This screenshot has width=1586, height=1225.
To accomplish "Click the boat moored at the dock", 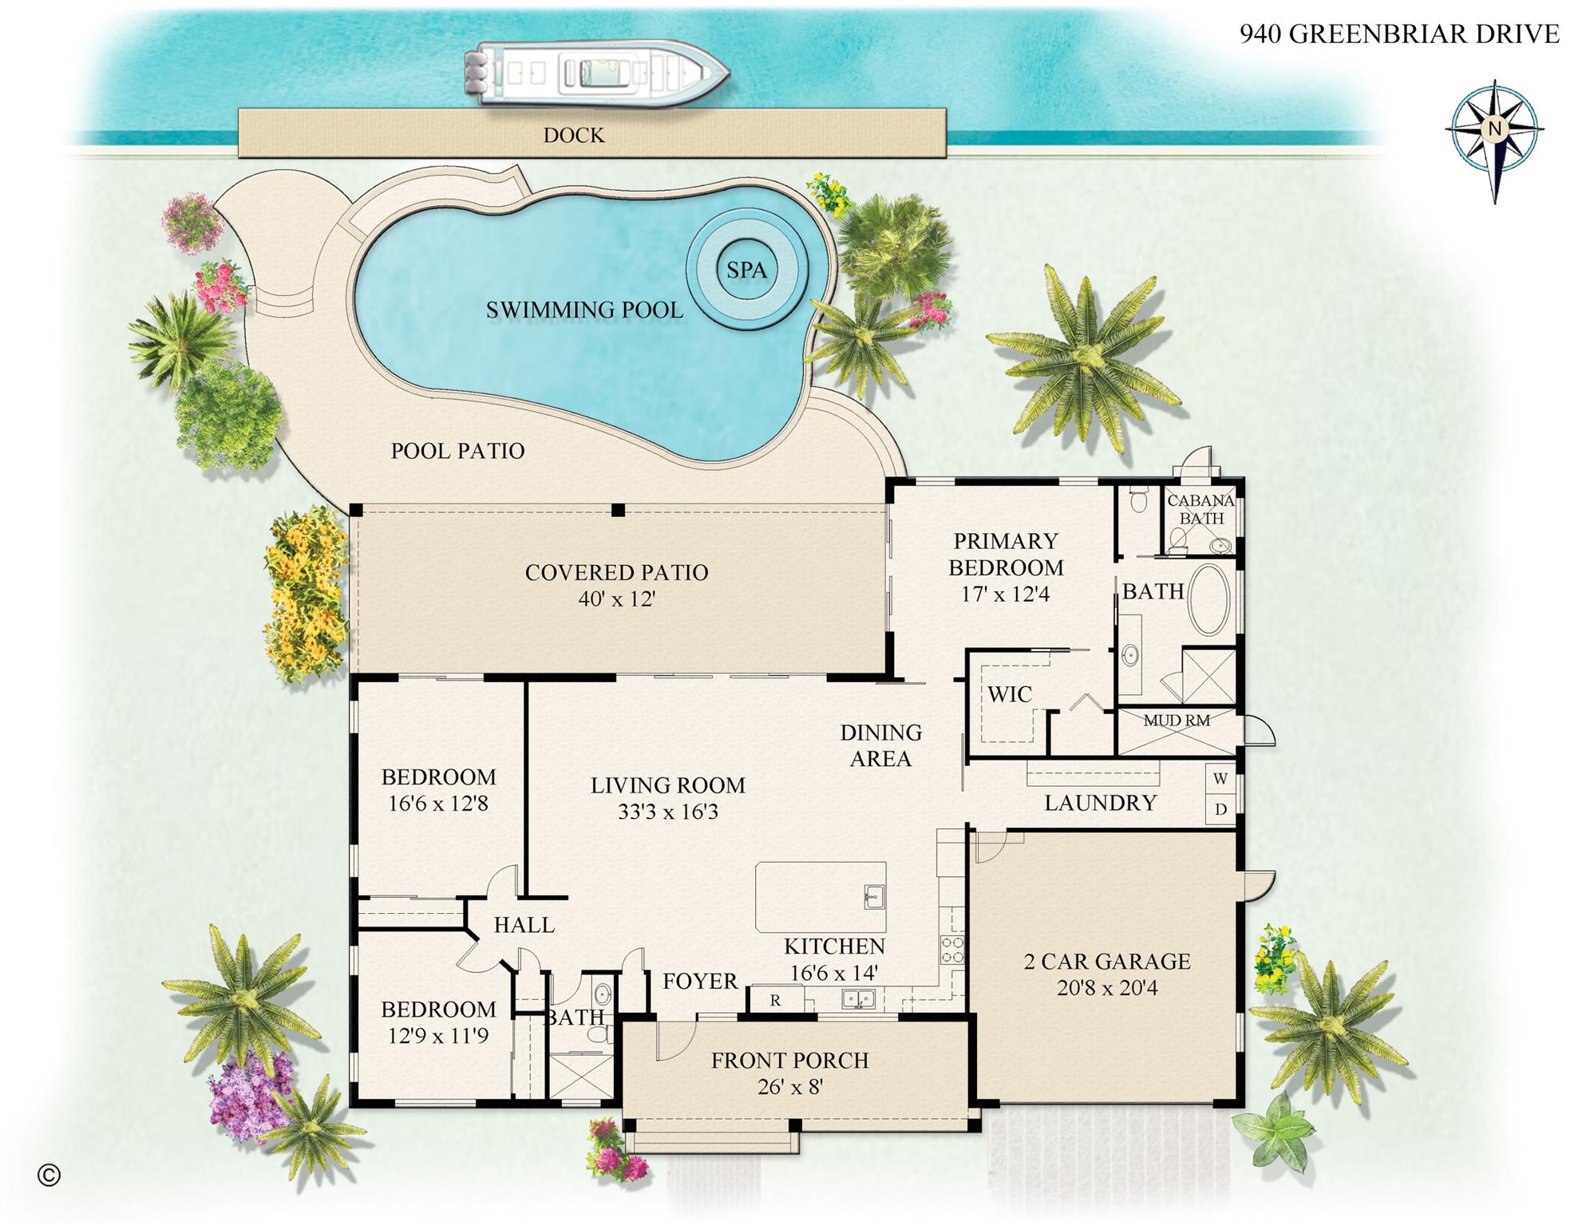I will coord(597,73).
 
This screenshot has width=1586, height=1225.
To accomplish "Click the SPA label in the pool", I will coord(746,270).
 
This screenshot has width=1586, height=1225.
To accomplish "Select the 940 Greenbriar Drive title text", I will coord(1399,34).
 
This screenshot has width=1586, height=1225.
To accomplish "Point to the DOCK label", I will coord(574,135).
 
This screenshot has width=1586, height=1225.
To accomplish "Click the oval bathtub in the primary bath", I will coord(1209,600).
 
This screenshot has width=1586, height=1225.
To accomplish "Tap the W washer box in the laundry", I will coord(1220,779).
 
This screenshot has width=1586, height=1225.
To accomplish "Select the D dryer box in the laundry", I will coord(1220,809).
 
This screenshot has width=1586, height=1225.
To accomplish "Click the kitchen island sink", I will coord(873,897).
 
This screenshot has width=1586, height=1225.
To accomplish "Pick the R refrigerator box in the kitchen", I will coord(775,1000).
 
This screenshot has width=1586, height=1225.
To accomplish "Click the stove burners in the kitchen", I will coord(952,950).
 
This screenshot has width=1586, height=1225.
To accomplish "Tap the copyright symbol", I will coord(49,1175).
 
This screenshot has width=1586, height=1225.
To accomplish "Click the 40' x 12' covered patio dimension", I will coord(616,599).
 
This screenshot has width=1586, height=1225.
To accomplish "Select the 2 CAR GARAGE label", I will coord(1106,961).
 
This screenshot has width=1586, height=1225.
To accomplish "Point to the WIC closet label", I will coord(1010,694).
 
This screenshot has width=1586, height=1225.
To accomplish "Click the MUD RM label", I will coord(1177,721).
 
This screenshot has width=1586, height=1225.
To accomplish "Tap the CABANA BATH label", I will coord(1200,509).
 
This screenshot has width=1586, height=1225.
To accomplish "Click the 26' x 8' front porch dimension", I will coord(789,1086).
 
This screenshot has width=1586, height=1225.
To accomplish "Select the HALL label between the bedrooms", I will coord(524,925).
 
